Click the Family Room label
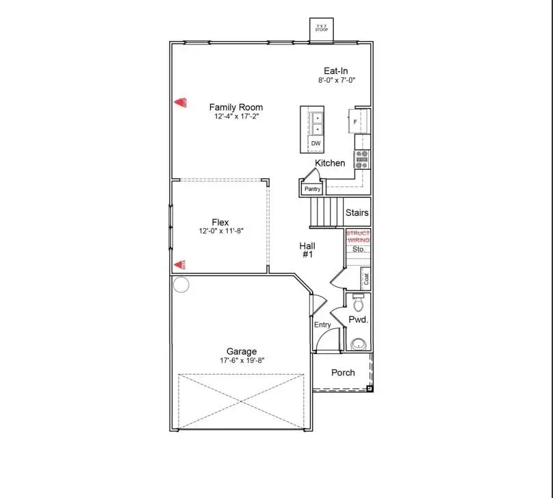point(235,107)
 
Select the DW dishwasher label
point(316,144)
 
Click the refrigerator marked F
point(358,121)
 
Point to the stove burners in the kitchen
point(361,159)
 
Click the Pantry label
point(312,188)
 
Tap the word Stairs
point(357,212)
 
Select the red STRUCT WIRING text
point(358,237)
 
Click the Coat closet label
point(366,279)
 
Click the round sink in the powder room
point(358,344)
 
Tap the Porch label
point(343,373)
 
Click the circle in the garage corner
point(180,285)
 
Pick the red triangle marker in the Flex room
point(181,264)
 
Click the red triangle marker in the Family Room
point(182,103)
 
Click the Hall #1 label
point(307,250)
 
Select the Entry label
point(322,325)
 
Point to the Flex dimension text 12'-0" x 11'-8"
point(220,231)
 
